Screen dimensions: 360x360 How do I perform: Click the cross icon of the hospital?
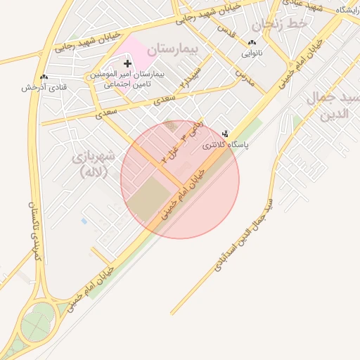127,64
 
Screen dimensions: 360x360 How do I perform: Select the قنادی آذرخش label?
44,87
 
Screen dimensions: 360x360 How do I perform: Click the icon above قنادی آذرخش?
44,77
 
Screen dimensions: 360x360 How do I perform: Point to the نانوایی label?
252,53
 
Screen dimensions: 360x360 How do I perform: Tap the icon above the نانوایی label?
252,43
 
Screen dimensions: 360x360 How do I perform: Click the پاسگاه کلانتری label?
226,145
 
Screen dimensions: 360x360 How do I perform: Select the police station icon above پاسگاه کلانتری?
225,133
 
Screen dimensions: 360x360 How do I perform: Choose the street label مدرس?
243,72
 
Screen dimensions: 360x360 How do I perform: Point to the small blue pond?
84,221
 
